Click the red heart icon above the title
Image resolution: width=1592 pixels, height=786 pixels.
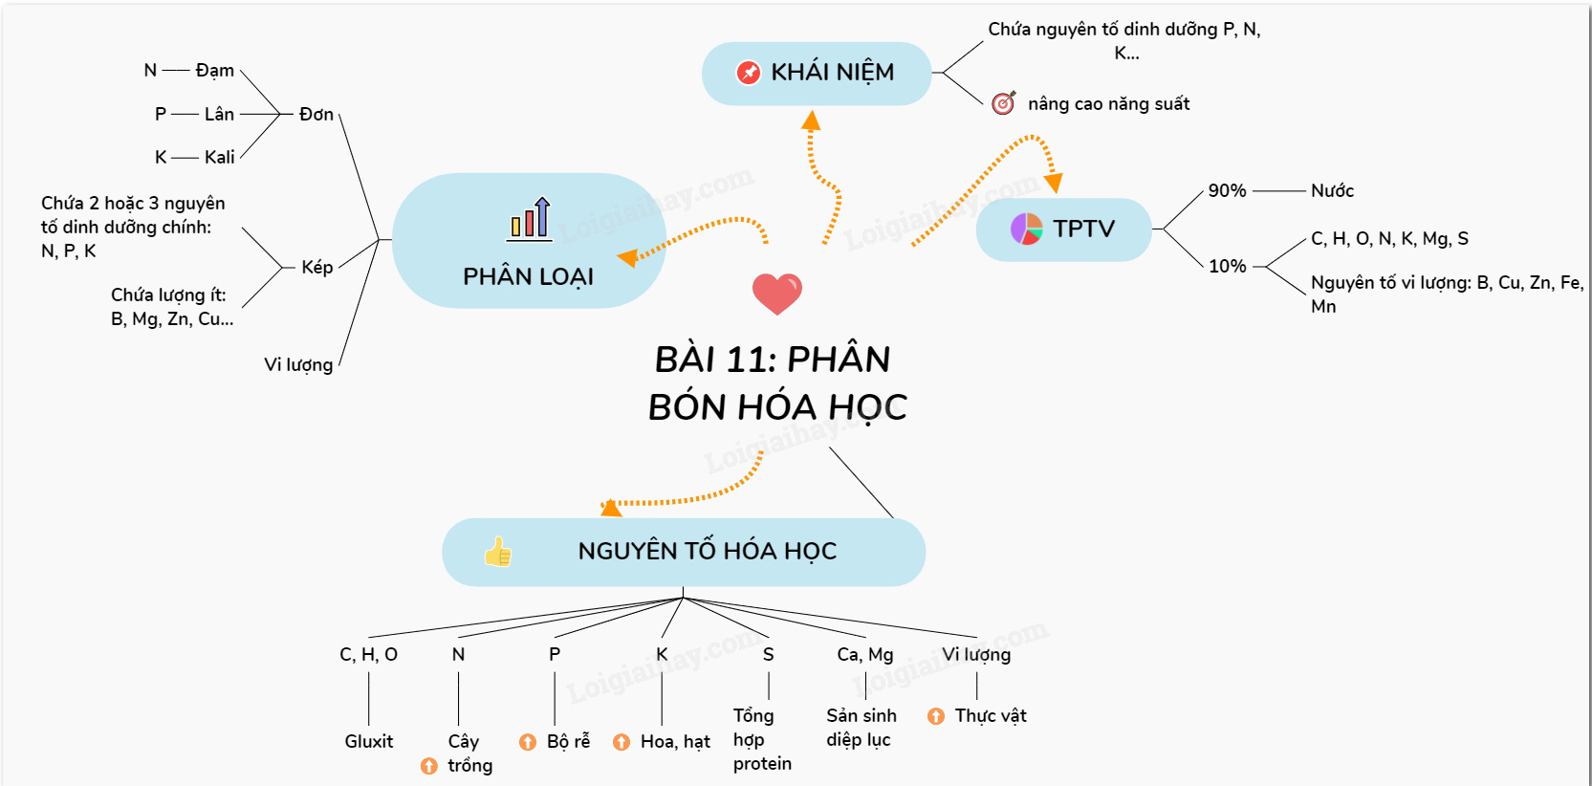[x=776, y=293]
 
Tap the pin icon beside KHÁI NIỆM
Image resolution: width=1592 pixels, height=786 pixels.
[x=748, y=73]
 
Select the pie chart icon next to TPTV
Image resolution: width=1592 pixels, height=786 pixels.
[x=1026, y=229]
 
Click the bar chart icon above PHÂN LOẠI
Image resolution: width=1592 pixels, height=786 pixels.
[x=530, y=219]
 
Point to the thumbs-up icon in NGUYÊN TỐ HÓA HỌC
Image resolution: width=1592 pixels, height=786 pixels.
[x=497, y=552]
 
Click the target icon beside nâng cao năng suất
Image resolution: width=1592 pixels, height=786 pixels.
[x=1003, y=103]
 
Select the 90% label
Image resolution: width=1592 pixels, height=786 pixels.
[x=1227, y=191]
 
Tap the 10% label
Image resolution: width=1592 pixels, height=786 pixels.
[x=1227, y=267]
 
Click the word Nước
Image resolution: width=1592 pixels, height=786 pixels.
[x=1332, y=191]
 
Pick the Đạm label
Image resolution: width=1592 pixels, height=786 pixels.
[x=214, y=71]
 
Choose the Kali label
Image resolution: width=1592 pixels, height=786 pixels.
[x=219, y=158]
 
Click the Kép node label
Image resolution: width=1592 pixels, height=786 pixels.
[x=316, y=268]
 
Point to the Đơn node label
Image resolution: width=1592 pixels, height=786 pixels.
[x=316, y=115]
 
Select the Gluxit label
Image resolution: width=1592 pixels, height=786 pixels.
[x=368, y=742]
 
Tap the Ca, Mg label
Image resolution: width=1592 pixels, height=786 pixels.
[x=864, y=655]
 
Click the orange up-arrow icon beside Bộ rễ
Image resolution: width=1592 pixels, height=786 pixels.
[x=528, y=742]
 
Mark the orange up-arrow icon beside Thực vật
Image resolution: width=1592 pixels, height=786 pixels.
[x=936, y=716]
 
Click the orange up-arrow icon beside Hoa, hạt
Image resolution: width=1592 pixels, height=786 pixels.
[x=622, y=742]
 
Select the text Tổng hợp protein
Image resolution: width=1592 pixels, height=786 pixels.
[x=761, y=739]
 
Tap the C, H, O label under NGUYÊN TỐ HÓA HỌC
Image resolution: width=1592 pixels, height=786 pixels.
[x=368, y=655]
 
